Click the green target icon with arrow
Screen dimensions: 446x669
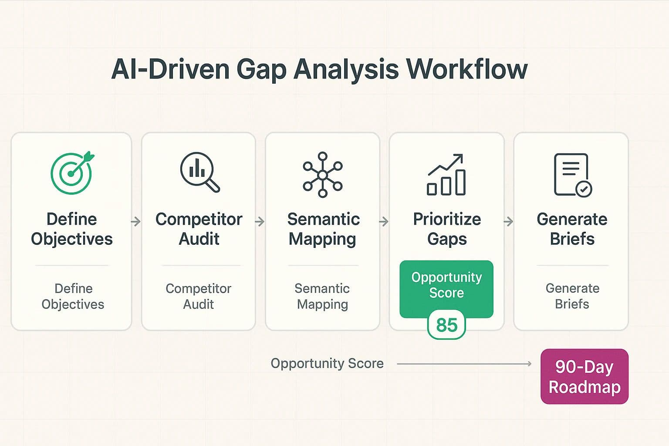click(x=72, y=173)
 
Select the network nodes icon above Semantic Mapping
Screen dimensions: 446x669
click(x=322, y=175)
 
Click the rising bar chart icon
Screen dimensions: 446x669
click(x=446, y=175)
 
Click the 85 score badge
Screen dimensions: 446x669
click(x=446, y=325)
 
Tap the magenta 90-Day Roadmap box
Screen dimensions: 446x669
click(x=584, y=377)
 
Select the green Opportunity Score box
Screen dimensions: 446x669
click(x=446, y=286)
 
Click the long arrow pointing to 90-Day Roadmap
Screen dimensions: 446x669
click(x=464, y=364)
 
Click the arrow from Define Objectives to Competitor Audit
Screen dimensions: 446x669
click(x=136, y=222)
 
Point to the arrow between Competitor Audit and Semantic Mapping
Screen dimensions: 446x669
click(x=260, y=222)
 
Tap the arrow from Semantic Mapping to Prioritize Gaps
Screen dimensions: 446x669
click(x=384, y=222)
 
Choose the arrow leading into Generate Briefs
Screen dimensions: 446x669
click(x=508, y=222)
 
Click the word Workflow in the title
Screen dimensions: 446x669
click(x=466, y=69)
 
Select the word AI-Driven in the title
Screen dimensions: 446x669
click(x=170, y=69)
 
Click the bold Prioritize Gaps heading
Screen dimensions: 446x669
click(x=447, y=229)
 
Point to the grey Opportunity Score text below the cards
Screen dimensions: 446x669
click(x=327, y=363)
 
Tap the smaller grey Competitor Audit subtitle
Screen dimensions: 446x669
click(x=198, y=296)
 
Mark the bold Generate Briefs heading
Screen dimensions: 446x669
click(x=572, y=229)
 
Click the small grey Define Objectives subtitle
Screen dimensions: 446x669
click(x=73, y=296)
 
